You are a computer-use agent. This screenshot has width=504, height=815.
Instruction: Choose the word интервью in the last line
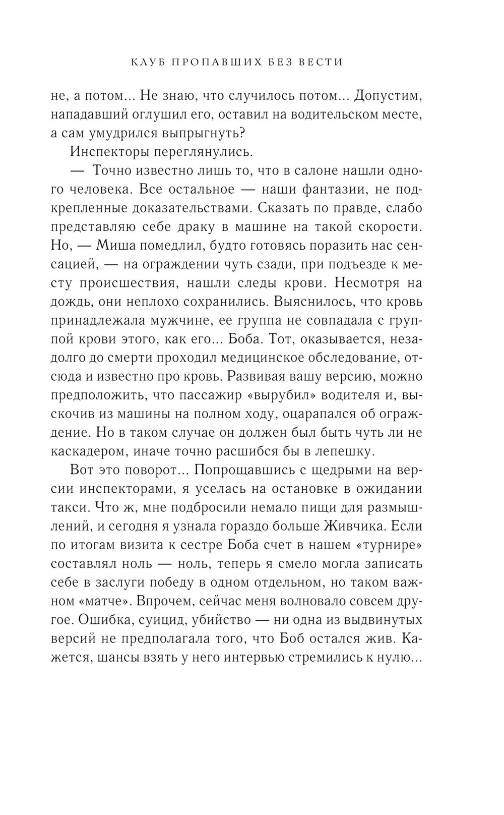click(x=289, y=657)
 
